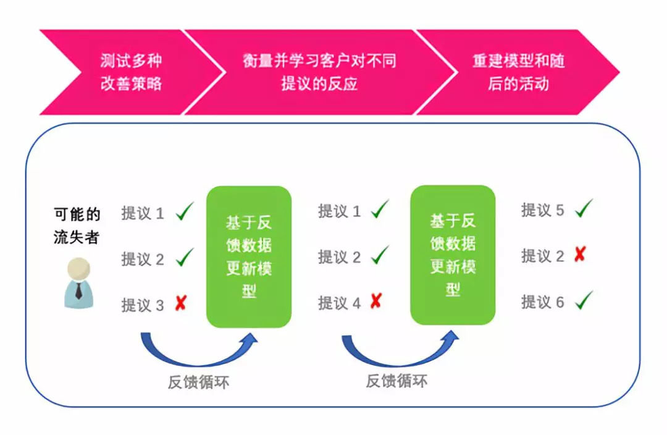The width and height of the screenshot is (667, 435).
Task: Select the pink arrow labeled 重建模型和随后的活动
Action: pos(518,72)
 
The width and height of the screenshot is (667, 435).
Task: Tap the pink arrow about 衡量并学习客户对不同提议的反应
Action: pos(320,72)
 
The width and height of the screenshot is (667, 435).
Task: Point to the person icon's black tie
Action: pos(78,290)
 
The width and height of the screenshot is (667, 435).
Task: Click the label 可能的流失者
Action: pos(77,226)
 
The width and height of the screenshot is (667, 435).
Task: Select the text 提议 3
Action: pos(143,305)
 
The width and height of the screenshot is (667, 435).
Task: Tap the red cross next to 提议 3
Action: pos(181,303)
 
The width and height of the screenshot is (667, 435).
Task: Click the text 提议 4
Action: pos(339,303)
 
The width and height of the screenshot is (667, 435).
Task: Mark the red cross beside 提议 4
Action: pos(376,301)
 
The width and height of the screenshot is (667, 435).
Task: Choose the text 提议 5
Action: pos(542,210)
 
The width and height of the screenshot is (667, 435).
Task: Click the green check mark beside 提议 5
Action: pos(584,209)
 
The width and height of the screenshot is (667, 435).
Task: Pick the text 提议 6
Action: pos(542,302)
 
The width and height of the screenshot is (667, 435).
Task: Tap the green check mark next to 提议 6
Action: pos(584,300)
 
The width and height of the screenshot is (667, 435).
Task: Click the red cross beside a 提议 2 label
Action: pos(580,254)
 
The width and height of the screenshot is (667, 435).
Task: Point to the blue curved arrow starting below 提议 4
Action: pos(398,362)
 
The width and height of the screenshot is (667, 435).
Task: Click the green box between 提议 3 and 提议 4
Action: pos(249,256)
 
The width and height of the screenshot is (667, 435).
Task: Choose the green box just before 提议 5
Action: pos(453,255)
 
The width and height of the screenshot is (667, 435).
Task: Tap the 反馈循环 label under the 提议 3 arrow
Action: pos(199,382)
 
